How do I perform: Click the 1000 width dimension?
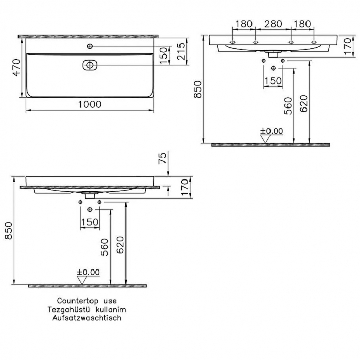pyautogui.click(x=89, y=104)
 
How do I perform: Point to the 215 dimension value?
pyautogui.click(x=180, y=51)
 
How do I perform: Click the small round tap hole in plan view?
pyautogui.click(x=90, y=47)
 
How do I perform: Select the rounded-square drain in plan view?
pyautogui.click(x=90, y=65)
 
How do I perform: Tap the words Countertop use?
pyautogui.click(x=86, y=301)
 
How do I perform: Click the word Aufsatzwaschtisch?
pyautogui.click(x=86, y=318)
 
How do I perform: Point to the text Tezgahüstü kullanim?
pyautogui.click(x=86, y=310)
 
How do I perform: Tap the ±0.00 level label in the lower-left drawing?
pyautogui.click(x=88, y=272)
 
